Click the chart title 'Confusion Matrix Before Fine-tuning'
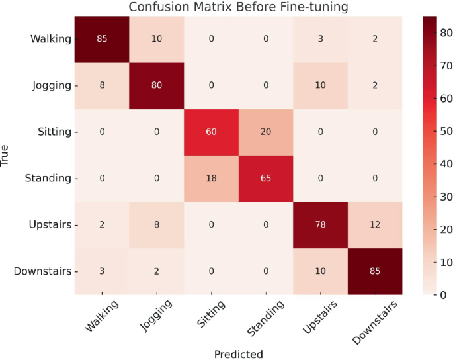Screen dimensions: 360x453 (x=238, y=7)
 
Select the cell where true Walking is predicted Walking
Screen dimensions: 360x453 (x=102, y=38)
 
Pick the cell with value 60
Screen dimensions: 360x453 (x=211, y=131)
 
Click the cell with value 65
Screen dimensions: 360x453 (x=265, y=178)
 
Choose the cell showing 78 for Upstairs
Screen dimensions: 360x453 (x=319, y=224)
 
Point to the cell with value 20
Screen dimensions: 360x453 (x=265, y=131)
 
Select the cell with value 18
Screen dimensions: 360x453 (x=211, y=178)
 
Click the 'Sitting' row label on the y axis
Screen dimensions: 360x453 (x=55, y=132)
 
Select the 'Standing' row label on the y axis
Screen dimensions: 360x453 (x=50, y=178)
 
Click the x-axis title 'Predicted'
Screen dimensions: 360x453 (x=238, y=353)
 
